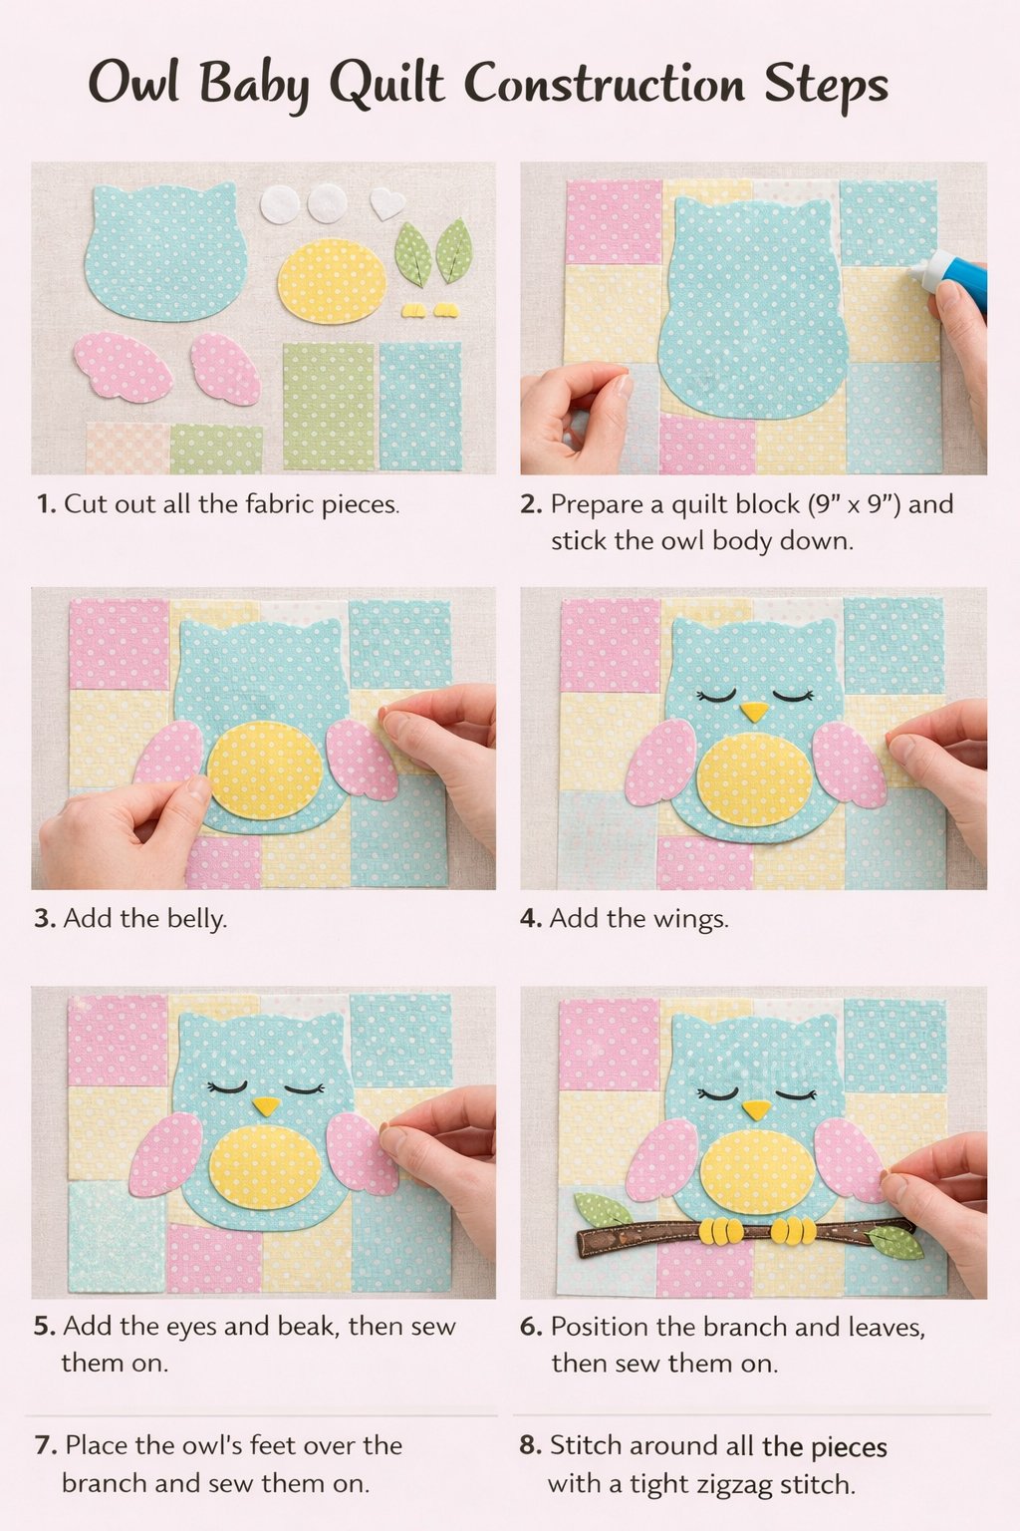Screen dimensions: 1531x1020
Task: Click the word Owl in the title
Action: (x=133, y=83)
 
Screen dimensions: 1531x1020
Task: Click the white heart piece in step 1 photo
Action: (x=387, y=203)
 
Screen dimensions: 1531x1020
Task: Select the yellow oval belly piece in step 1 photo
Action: (x=332, y=281)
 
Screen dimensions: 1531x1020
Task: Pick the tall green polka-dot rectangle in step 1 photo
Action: (x=329, y=406)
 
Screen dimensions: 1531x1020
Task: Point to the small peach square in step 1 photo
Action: (x=127, y=448)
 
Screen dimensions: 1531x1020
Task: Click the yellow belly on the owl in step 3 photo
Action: (x=265, y=769)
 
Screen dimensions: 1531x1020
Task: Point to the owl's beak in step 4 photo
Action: (x=755, y=712)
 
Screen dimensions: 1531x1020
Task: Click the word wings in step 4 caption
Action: (x=688, y=918)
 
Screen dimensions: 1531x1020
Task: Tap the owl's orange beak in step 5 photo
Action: (x=266, y=1105)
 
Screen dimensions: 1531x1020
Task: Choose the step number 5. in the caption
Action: (x=44, y=1326)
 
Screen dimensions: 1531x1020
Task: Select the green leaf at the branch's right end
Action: (x=895, y=1241)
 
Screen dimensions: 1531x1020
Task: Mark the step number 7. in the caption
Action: (x=45, y=1445)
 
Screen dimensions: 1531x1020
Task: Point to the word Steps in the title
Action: (x=826, y=85)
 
